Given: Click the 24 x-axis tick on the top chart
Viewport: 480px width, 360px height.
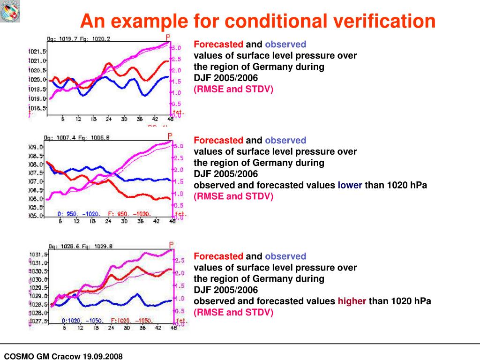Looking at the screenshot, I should [x=109, y=120].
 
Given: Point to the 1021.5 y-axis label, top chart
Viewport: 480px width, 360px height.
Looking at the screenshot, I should [x=38, y=51].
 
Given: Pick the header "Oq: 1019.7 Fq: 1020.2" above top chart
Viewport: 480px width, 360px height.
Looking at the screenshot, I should [x=78, y=39].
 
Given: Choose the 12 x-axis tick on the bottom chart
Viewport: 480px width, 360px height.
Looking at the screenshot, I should [x=80, y=328].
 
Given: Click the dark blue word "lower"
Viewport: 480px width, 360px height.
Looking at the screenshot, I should [x=350, y=185].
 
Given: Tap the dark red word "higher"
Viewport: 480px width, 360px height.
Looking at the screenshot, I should [x=352, y=301].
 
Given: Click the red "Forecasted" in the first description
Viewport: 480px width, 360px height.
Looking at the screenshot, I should [x=218, y=45].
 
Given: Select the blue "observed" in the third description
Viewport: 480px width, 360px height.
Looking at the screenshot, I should [x=285, y=256].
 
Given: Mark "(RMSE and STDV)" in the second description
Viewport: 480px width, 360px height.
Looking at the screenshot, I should [x=233, y=196].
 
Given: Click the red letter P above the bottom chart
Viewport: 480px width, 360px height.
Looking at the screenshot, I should [x=171, y=245].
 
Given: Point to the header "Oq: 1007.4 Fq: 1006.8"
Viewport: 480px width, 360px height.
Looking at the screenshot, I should [x=77, y=138].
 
